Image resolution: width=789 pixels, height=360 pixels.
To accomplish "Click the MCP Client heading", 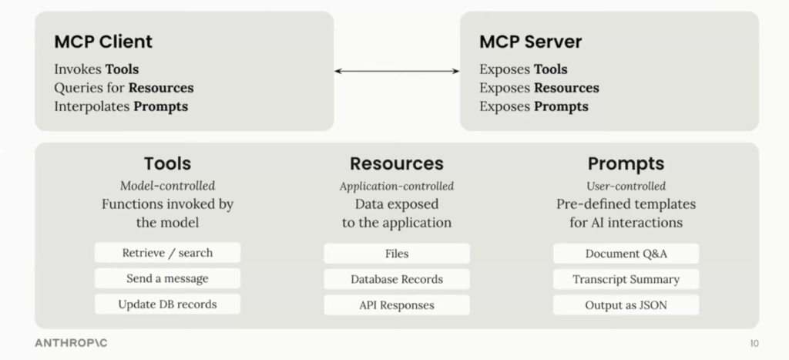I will coord(103,42).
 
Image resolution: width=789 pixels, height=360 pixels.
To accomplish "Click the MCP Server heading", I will coord(530,42).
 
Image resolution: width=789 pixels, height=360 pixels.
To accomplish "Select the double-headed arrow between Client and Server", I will coord(397,71).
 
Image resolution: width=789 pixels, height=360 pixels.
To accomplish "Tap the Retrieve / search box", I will coord(167,253).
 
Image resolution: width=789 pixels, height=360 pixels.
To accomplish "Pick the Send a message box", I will coord(167,278).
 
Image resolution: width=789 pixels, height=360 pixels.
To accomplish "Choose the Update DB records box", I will coord(167,304).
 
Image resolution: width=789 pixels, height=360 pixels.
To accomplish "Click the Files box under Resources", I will coord(396,254).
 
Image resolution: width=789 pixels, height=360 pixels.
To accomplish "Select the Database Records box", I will coord(396,279).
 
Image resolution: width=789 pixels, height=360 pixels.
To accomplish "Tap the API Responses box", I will coord(396,304).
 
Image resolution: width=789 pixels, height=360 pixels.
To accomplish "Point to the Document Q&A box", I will coord(626,254).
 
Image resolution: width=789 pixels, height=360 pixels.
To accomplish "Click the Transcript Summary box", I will coord(626,279).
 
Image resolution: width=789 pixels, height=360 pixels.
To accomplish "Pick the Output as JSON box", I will coord(626,304).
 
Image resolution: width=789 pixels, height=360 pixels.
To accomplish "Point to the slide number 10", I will coord(754,342).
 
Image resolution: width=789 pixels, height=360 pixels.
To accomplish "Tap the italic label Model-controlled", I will coord(167,186).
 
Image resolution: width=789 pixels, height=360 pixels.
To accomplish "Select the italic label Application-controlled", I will coord(396,186).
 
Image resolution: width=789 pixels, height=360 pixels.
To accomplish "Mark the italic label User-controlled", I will coord(626,186).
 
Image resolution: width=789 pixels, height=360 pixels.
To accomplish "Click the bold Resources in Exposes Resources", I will coord(566,88).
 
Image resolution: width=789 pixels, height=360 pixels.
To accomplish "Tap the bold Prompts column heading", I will coord(626,163).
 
